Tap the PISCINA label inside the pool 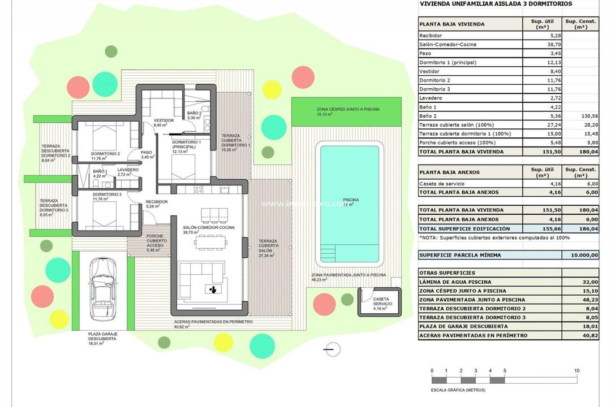point(350,202)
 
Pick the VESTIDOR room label point(164,120)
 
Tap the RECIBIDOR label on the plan point(156,202)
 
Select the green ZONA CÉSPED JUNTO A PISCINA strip point(347,111)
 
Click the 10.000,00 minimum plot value point(581,255)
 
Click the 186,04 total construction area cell point(581,228)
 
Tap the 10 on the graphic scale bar point(576,371)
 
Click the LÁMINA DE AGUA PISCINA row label point(455,282)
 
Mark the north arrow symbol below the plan point(332,350)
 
